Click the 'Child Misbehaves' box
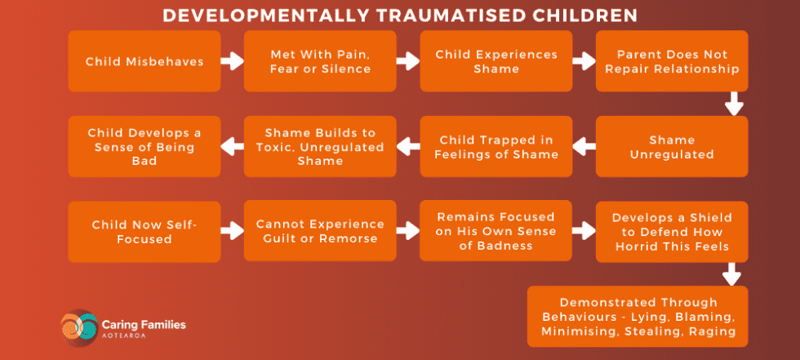144,61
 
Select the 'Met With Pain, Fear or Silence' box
320,61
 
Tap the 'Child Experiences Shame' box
496,61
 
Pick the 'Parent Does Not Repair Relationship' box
672,61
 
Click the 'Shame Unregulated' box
672,146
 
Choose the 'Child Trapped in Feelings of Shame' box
496,146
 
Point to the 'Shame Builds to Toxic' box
320,146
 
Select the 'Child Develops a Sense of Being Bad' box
144,146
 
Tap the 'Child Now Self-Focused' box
144,231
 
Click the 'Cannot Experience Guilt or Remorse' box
320,231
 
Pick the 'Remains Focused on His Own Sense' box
496,231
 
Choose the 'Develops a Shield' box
672,231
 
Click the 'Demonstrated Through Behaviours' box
638,317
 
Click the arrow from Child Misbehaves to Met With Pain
232,61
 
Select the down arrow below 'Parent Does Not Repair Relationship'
733,104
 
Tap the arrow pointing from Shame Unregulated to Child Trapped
584,146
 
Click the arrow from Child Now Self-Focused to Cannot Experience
232,231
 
